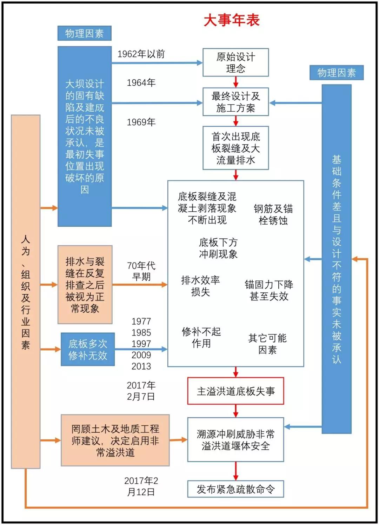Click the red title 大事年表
tap(232, 20)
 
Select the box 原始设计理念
tap(235, 62)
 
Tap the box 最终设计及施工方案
tap(235, 102)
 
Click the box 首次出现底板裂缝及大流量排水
tap(235, 148)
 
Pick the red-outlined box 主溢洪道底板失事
tap(235, 391)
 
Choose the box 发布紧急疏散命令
tap(235, 489)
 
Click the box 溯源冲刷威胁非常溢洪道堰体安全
tap(235, 440)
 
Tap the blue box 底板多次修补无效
tap(88, 349)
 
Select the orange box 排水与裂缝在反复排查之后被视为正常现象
tap(85, 285)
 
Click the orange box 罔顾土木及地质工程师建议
tap(115, 440)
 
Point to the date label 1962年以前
tap(141, 54)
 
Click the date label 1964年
tap(141, 83)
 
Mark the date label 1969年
tap(141, 122)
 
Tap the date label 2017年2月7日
tap(141, 391)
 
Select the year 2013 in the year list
tap(141, 366)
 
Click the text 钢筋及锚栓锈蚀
tap(273, 214)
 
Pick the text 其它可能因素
tap(267, 344)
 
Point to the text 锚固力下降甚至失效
tap(269, 290)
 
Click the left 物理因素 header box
tap(84, 33)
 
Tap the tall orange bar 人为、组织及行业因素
tap(26, 291)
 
